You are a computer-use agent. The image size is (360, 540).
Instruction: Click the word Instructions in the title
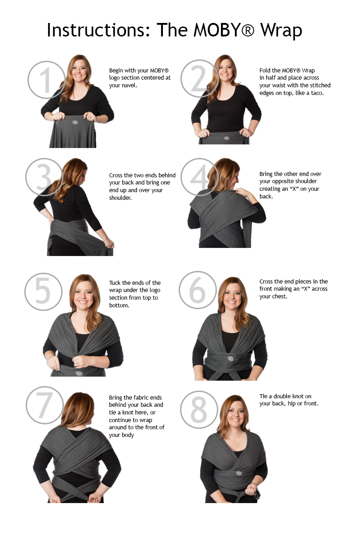[99, 30]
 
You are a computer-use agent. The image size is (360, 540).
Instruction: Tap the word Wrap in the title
[281, 31]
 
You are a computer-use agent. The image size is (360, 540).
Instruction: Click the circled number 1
[46, 80]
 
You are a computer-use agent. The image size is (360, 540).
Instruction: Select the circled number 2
[200, 79]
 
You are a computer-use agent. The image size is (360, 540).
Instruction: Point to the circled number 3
[45, 177]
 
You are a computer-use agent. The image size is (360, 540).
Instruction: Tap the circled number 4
[200, 177]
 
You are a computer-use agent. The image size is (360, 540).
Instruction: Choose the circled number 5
[43, 292]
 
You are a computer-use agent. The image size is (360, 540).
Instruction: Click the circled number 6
[198, 290]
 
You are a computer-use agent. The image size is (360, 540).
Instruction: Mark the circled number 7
[45, 405]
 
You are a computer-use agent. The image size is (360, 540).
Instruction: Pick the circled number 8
[199, 409]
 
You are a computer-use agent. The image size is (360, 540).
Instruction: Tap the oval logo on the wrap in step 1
[75, 123]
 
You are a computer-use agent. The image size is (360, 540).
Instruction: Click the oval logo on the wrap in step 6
[231, 359]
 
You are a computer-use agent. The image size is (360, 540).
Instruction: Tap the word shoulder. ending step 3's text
[120, 198]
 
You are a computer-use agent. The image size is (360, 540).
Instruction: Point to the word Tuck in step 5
[115, 283]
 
